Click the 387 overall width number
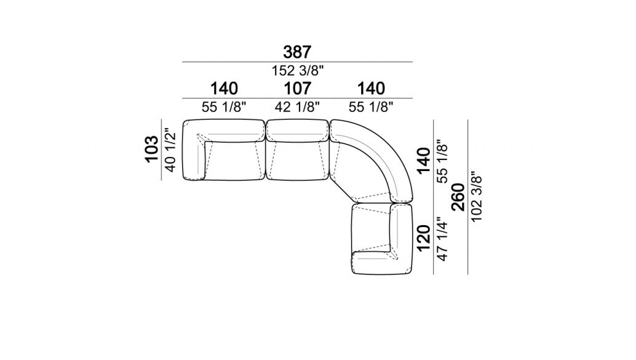point(297,52)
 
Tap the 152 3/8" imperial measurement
point(297,71)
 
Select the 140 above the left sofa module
point(224,89)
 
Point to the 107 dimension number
point(297,89)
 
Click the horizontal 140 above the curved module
point(371,89)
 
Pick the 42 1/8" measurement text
point(297,107)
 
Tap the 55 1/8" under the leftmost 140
point(224,107)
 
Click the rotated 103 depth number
point(152,150)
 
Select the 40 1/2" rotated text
point(170,150)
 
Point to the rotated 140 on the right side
point(423,161)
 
